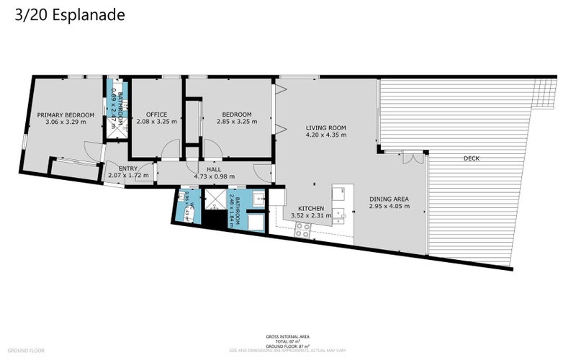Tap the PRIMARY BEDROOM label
[66, 114]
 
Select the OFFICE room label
[156, 114]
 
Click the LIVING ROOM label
[325, 127]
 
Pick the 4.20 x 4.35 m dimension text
[325, 135]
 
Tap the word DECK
[472, 158]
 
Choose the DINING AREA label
[389, 199]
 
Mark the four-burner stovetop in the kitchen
[302, 230]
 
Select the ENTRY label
[127, 168]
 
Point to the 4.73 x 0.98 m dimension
[214, 175]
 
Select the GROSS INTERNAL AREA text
[288, 336]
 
